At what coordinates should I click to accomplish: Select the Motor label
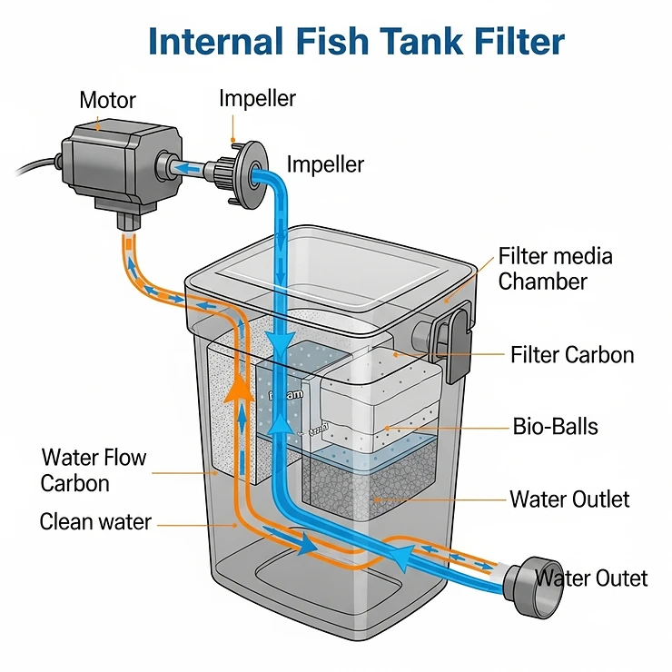[x=107, y=100]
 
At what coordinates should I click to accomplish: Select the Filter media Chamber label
[x=555, y=268]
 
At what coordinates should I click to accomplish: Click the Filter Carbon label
[x=572, y=354]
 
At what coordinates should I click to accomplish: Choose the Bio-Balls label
[x=555, y=424]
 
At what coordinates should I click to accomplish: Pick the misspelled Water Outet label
[x=591, y=578]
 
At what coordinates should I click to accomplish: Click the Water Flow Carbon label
[x=93, y=469]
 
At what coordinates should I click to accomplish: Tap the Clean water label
[x=95, y=522]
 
